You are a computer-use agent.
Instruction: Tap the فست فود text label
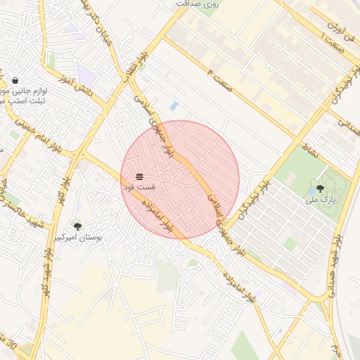click(x=139, y=188)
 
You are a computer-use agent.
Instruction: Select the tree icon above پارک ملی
click(x=320, y=188)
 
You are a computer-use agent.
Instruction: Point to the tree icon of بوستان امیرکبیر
click(x=77, y=226)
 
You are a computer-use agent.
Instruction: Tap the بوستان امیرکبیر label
click(x=78, y=238)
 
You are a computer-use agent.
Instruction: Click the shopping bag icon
click(x=15, y=80)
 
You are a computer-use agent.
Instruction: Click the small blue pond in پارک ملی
click(x=312, y=191)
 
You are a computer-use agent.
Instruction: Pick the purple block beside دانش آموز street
click(x=86, y=75)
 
